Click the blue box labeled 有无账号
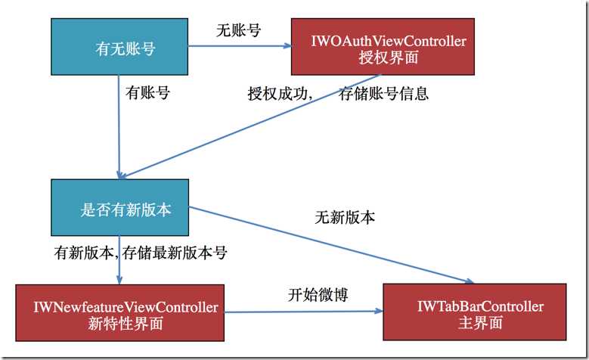point(119,49)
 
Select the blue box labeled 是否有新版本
point(119,209)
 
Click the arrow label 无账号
point(238,31)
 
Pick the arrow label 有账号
point(147,94)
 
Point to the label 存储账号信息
point(383,94)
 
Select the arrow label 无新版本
point(345,217)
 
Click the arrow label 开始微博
point(318,295)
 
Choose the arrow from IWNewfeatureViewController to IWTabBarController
point(302,311)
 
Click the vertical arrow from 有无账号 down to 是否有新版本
point(119,136)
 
